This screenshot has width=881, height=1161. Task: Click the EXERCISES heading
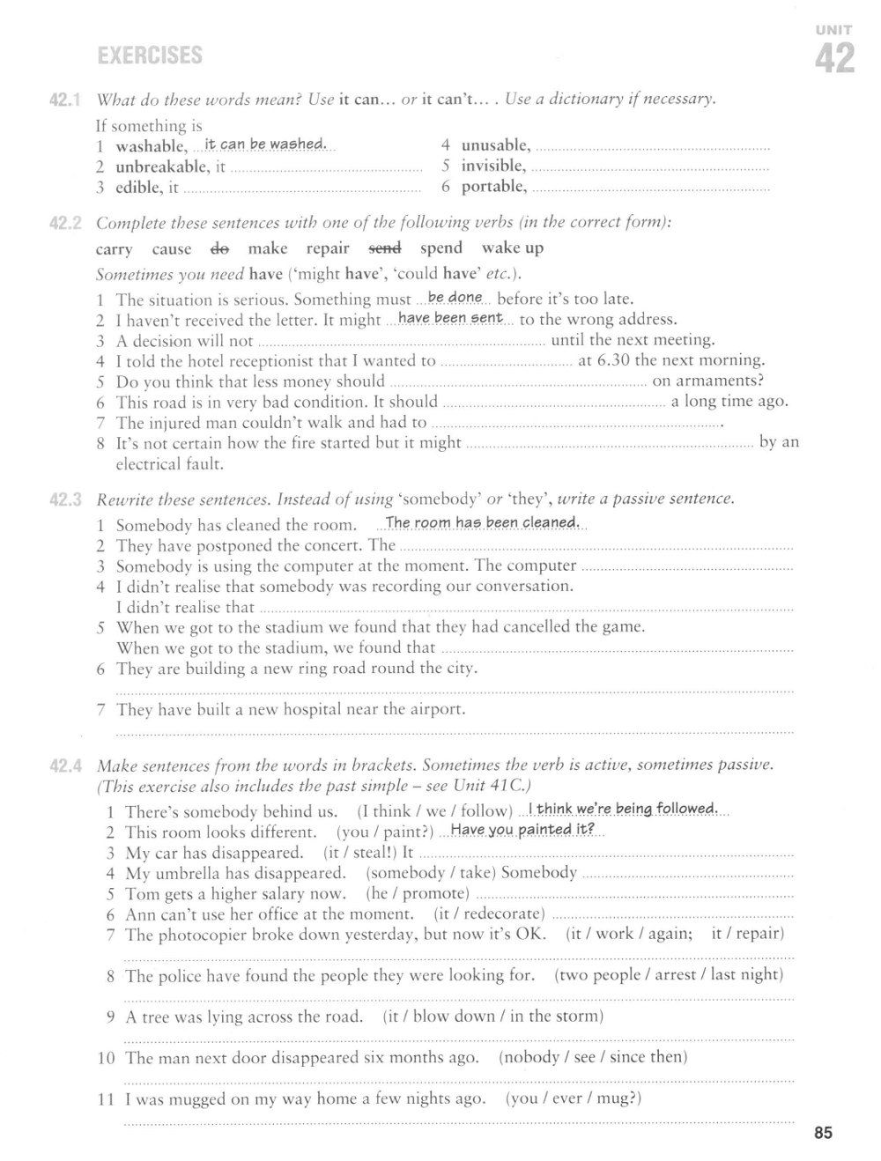pos(150,56)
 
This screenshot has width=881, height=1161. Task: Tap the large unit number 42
pos(833,59)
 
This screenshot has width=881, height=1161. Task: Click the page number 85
pos(823,1133)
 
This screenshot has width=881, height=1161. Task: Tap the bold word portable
pos(494,186)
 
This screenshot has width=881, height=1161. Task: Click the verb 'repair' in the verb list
pos(328,248)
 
